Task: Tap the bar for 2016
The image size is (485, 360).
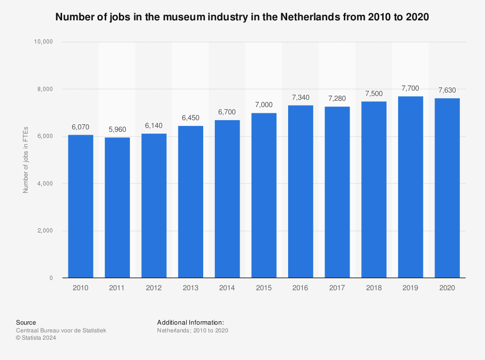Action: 300,191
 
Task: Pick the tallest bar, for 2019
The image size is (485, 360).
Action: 410,187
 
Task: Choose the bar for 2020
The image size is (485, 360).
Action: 447,188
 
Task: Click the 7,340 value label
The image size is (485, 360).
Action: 300,97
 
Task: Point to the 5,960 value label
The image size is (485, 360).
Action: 117,130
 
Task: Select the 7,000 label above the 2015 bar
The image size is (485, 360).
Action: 264,105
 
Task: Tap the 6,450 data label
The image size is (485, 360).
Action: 191,118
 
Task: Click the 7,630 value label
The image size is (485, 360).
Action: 447,90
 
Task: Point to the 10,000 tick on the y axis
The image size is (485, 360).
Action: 42,42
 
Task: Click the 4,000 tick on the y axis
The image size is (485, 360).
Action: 44,184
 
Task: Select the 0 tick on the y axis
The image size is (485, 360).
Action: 50,278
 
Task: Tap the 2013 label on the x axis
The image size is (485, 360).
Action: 191,288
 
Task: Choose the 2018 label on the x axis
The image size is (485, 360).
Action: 373,288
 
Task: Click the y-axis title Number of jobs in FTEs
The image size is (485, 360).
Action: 26,160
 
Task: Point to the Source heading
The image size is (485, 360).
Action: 26,322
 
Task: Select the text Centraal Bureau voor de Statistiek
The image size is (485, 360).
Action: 61,330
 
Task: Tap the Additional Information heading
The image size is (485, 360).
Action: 190,322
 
